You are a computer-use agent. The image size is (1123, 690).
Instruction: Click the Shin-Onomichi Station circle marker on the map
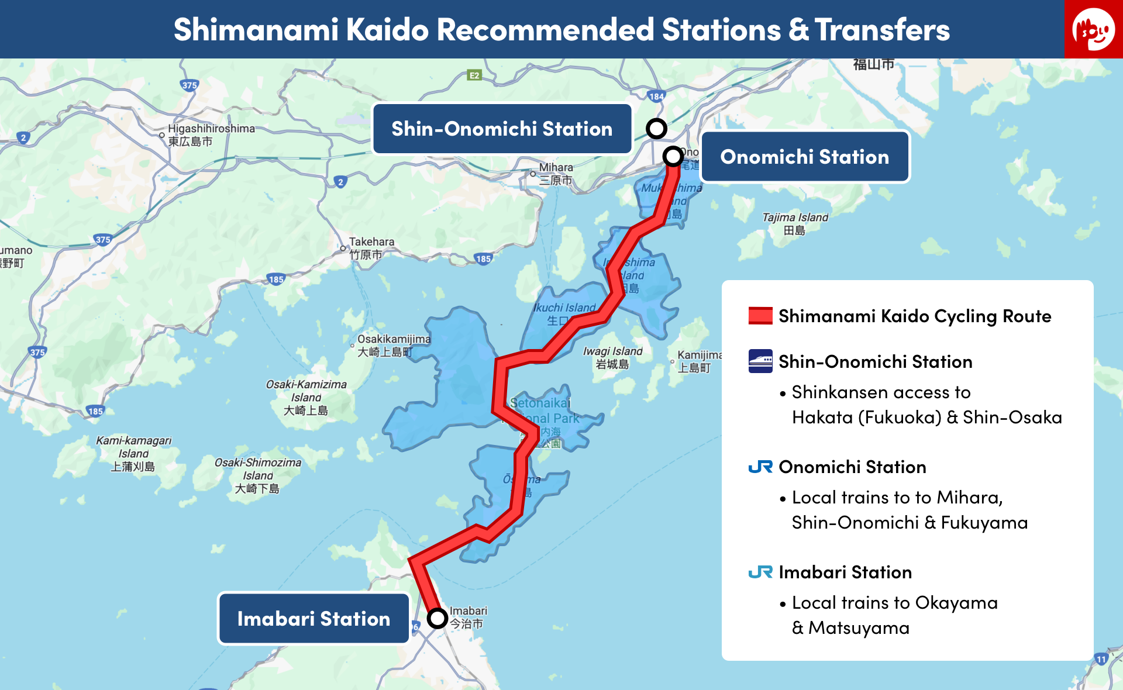point(656,128)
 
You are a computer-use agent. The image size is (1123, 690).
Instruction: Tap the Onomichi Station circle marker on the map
point(673,156)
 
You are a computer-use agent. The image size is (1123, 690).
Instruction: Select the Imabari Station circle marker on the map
point(437,617)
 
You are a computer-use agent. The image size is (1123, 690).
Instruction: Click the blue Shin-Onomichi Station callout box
point(502,129)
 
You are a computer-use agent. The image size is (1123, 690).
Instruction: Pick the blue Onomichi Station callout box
point(804,157)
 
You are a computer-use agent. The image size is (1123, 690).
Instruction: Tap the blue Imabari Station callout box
point(314,619)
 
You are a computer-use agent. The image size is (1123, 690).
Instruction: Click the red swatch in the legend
point(760,316)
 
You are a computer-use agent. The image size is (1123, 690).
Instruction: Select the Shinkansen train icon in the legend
point(760,361)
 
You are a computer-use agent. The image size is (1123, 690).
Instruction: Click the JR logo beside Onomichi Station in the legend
point(760,467)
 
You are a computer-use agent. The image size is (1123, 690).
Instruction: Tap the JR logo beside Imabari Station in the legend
point(760,572)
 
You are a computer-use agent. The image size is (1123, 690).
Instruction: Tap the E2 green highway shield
point(474,75)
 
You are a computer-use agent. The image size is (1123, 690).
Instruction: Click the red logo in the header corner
point(1093,29)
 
